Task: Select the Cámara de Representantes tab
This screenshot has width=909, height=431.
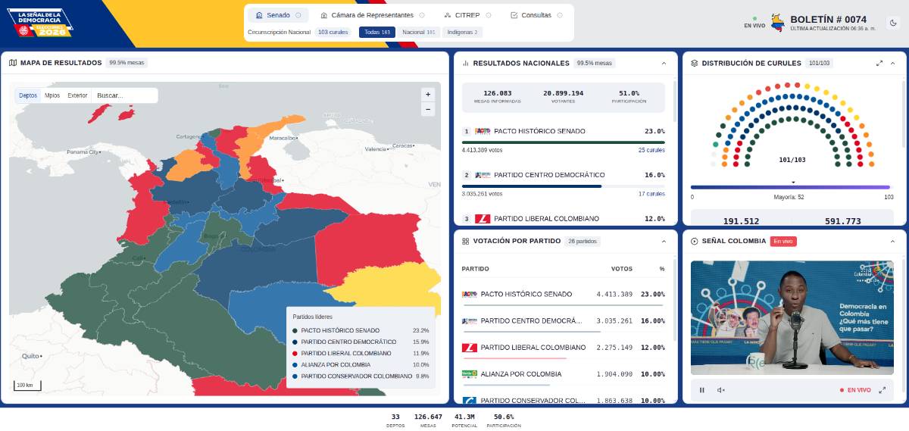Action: point(372,15)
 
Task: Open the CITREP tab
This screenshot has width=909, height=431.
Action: point(468,15)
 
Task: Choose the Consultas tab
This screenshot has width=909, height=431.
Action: point(536,15)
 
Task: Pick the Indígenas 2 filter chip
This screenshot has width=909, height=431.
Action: point(462,33)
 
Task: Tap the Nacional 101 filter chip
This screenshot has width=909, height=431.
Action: point(419,33)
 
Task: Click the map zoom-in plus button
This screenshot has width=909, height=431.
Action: point(428,95)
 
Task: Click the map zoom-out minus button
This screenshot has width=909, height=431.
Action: point(428,109)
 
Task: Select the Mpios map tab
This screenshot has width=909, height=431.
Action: point(52,95)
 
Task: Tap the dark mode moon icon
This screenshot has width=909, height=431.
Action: point(893,23)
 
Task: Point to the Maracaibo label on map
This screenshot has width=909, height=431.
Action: point(283,138)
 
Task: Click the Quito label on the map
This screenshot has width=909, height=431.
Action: point(30,355)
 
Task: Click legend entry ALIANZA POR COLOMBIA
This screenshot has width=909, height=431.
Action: point(336,364)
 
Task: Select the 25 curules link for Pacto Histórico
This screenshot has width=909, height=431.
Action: point(651,150)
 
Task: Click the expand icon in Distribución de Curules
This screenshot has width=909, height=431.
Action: point(879,63)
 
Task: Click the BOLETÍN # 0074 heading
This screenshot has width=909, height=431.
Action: point(828,19)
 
